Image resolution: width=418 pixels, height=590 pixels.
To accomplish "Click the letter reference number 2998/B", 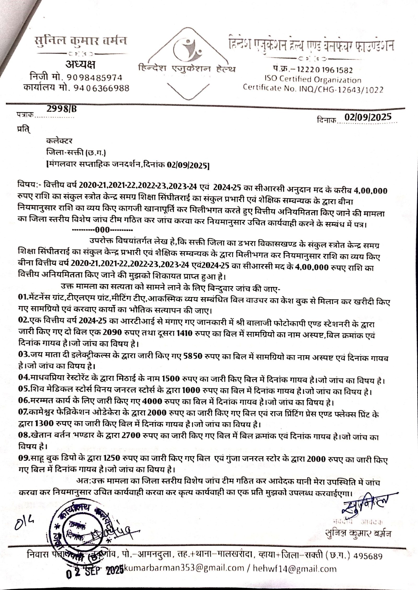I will tap(62, 109).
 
